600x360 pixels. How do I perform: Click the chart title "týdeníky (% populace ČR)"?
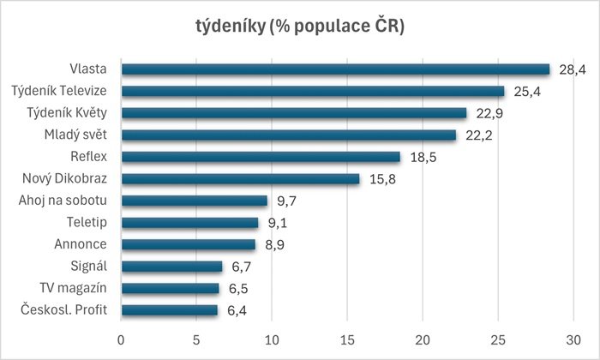point(300,27)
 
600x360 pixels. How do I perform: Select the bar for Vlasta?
point(335,69)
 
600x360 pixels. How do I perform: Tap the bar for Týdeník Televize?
point(313,91)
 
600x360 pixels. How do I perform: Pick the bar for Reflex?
point(261,157)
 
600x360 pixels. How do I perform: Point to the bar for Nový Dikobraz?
point(240,178)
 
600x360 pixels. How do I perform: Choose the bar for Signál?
point(171,267)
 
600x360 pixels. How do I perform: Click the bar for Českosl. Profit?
point(170,310)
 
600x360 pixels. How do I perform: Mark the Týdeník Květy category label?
point(70,113)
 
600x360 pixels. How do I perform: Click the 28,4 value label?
point(571,69)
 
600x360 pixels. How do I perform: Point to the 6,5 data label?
point(238,289)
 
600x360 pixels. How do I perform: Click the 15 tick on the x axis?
point(347,338)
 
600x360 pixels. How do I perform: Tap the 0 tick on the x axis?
point(122,338)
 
